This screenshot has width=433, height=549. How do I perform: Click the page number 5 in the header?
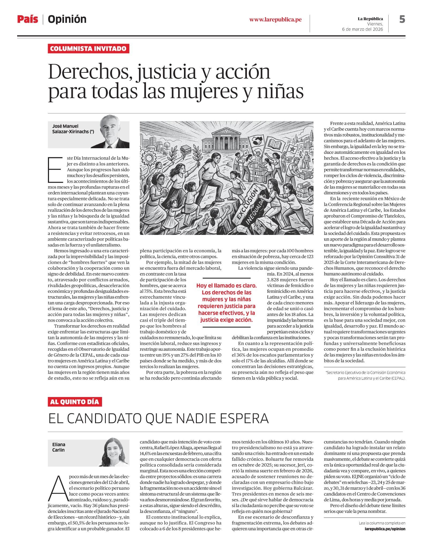(x=402, y=19)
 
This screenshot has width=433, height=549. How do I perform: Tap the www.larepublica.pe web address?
(x=276, y=20)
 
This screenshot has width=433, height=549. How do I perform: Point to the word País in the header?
(x=28, y=19)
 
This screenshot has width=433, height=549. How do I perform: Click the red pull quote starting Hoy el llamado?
(x=226, y=303)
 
